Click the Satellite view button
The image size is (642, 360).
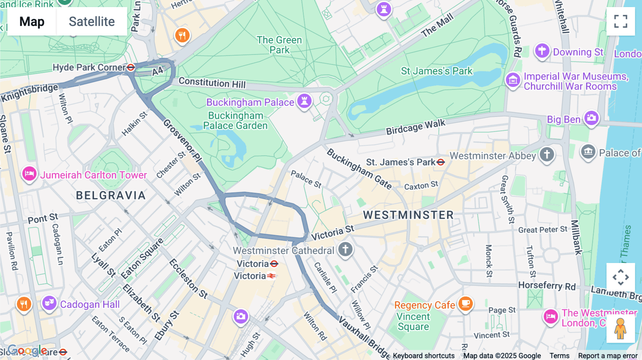click(x=92, y=21)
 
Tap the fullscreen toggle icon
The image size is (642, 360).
click(x=621, y=21)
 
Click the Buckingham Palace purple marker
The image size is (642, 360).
click(x=304, y=101)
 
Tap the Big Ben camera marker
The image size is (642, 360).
click(x=591, y=118)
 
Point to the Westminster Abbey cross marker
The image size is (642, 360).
click(x=547, y=154)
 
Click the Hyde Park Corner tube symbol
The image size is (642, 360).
click(x=131, y=67)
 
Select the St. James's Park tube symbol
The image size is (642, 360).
click(x=441, y=162)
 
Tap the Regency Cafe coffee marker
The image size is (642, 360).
click(x=465, y=304)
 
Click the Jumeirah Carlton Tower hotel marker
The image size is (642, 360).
click(x=29, y=174)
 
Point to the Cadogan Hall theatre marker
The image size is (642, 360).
click(x=49, y=303)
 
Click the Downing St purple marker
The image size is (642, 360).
click(x=542, y=51)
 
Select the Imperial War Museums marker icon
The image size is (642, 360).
click(x=513, y=80)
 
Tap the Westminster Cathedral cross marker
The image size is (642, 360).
click(x=345, y=249)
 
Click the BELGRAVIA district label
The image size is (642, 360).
click(x=111, y=195)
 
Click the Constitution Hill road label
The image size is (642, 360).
click(x=212, y=83)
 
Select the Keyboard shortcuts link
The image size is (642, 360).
click(x=423, y=355)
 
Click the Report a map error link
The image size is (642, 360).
click(x=607, y=355)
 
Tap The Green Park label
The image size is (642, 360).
click(x=279, y=45)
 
